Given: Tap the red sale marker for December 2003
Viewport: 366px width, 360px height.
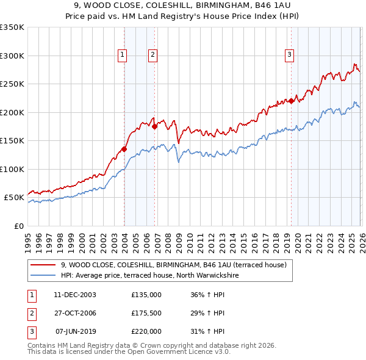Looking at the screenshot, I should click(124, 148).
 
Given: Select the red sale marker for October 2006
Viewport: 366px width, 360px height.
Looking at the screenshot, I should click(155, 127).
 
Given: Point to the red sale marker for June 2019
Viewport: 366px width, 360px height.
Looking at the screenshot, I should click(291, 101).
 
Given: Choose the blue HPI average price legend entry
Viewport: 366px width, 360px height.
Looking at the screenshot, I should click(149, 275).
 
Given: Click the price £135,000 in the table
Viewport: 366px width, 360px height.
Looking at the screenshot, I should click(146, 295).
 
